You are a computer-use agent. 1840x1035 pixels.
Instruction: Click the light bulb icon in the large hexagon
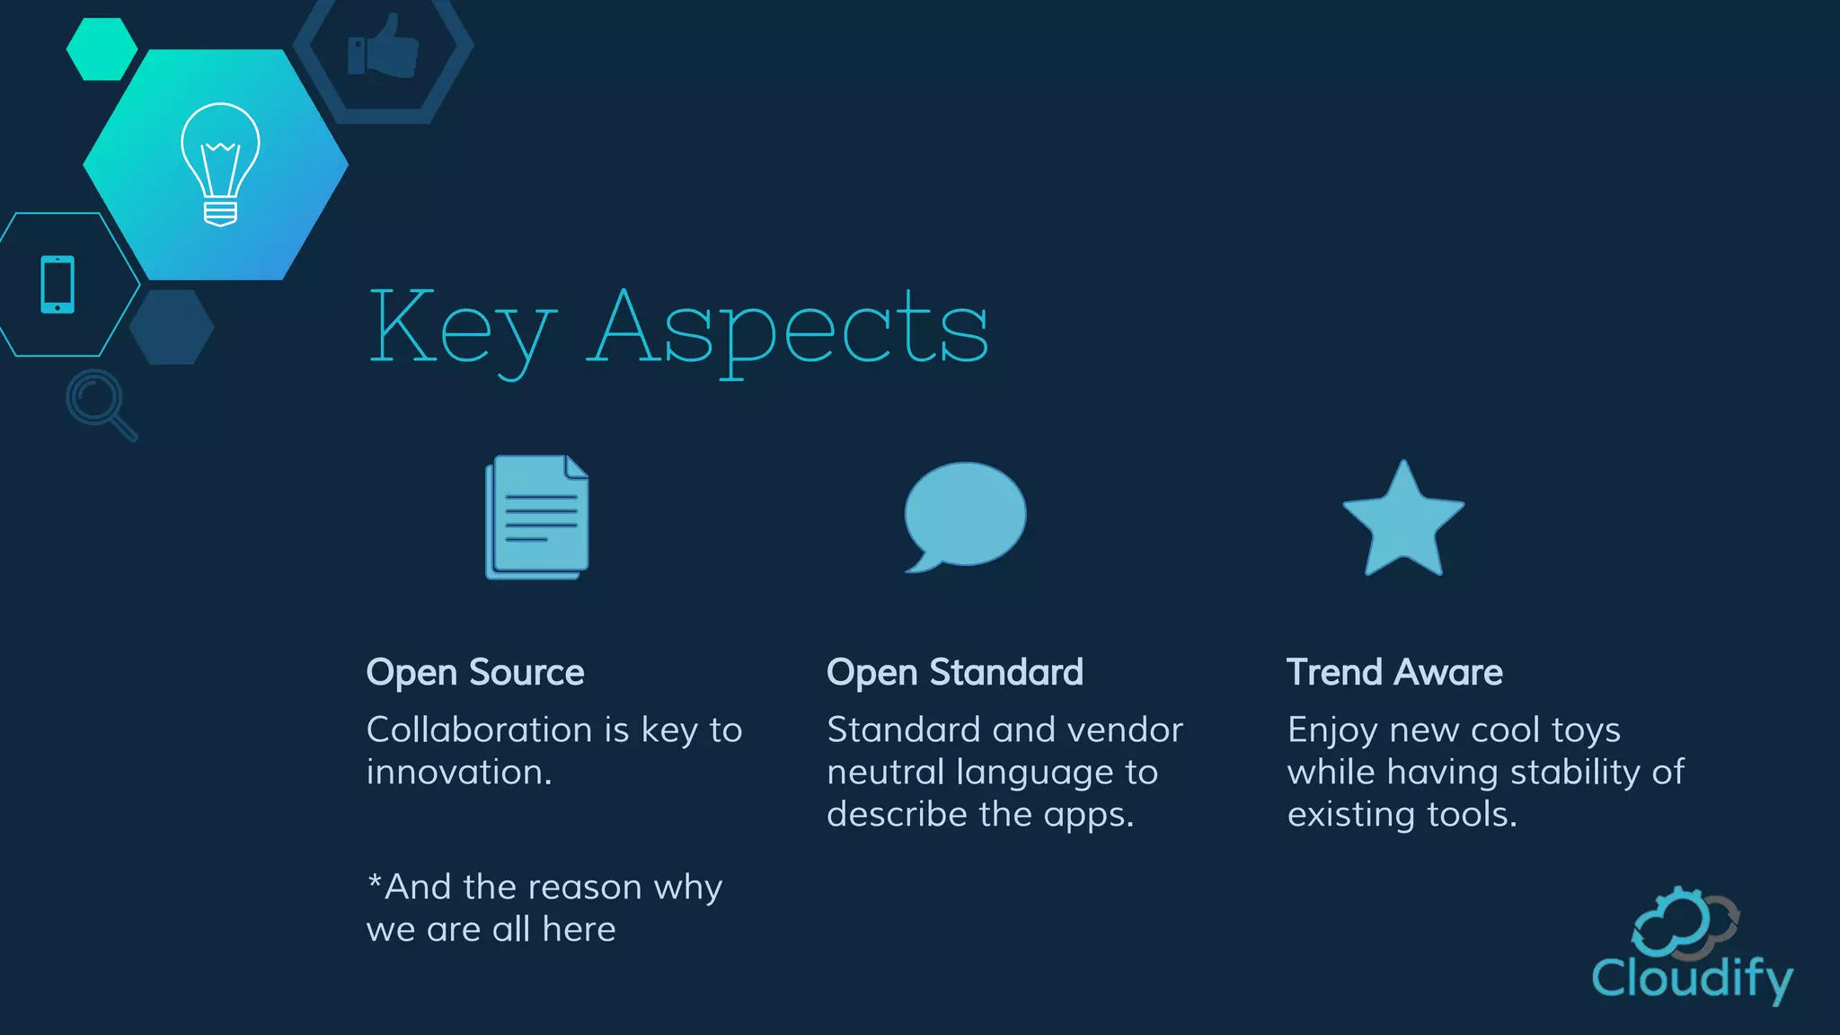click(220, 164)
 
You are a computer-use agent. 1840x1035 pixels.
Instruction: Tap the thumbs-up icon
click(384, 46)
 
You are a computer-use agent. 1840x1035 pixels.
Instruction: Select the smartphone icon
click(57, 284)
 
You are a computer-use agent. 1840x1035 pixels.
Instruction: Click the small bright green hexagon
click(102, 49)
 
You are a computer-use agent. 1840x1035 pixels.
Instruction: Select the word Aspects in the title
click(788, 328)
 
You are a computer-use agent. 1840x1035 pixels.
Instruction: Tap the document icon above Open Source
click(537, 517)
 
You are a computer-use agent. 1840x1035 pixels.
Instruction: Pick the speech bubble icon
click(964, 516)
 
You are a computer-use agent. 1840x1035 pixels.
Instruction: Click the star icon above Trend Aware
click(1402, 520)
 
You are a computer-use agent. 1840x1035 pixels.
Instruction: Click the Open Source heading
click(475, 672)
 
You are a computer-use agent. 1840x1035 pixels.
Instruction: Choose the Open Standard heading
click(954, 672)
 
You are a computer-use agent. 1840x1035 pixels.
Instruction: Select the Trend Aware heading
click(1394, 672)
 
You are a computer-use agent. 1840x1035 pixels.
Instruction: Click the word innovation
click(458, 772)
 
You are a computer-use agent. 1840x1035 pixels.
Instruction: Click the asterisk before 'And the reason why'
click(375, 880)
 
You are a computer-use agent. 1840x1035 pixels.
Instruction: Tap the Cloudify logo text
click(1693, 977)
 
